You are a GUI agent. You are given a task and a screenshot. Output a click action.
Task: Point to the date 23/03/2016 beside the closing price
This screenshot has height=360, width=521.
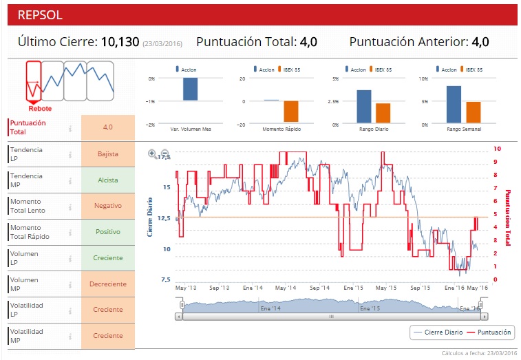pos(162,43)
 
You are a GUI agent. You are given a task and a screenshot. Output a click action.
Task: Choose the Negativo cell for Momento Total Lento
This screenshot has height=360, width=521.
pos(108,205)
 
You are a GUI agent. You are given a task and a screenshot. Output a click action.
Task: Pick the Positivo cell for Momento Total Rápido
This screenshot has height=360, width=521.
pos(108,232)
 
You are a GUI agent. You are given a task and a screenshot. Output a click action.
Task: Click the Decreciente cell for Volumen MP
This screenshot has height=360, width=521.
pos(108,284)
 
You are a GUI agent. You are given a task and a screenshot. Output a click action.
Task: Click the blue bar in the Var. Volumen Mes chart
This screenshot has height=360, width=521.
pos(190,89)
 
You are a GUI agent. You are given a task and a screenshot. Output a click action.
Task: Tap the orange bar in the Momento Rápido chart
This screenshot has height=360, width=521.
pos(291,111)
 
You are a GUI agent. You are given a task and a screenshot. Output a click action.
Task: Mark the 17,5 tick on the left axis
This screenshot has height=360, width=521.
pos(163,157)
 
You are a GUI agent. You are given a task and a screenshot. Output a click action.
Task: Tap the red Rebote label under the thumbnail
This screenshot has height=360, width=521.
pos(40,108)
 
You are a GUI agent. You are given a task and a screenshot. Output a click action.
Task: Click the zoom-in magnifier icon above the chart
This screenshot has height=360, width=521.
pos(152,153)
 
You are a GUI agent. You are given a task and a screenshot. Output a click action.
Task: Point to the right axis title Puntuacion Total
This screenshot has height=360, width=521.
pos(509,218)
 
